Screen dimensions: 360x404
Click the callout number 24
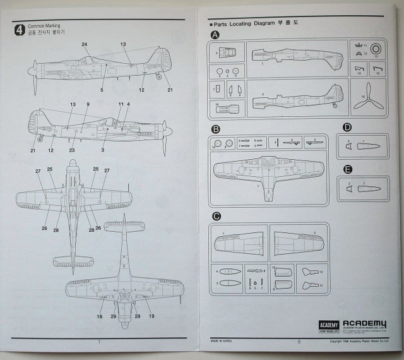coord(84,44)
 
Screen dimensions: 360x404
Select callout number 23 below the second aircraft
coord(71,150)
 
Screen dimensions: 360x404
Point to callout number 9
coord(88,104)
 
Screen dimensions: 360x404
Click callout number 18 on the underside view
coord(100,316)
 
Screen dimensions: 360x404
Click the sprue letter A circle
coord(215,35)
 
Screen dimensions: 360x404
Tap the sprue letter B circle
coord(215,129)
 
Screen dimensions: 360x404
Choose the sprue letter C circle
coord(215,217)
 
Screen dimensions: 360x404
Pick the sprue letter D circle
coord(347,126)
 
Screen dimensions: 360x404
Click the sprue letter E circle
coord(347,169)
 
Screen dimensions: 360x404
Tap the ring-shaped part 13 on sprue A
coord(376,49)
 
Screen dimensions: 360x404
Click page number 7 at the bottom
coord(99,342)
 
